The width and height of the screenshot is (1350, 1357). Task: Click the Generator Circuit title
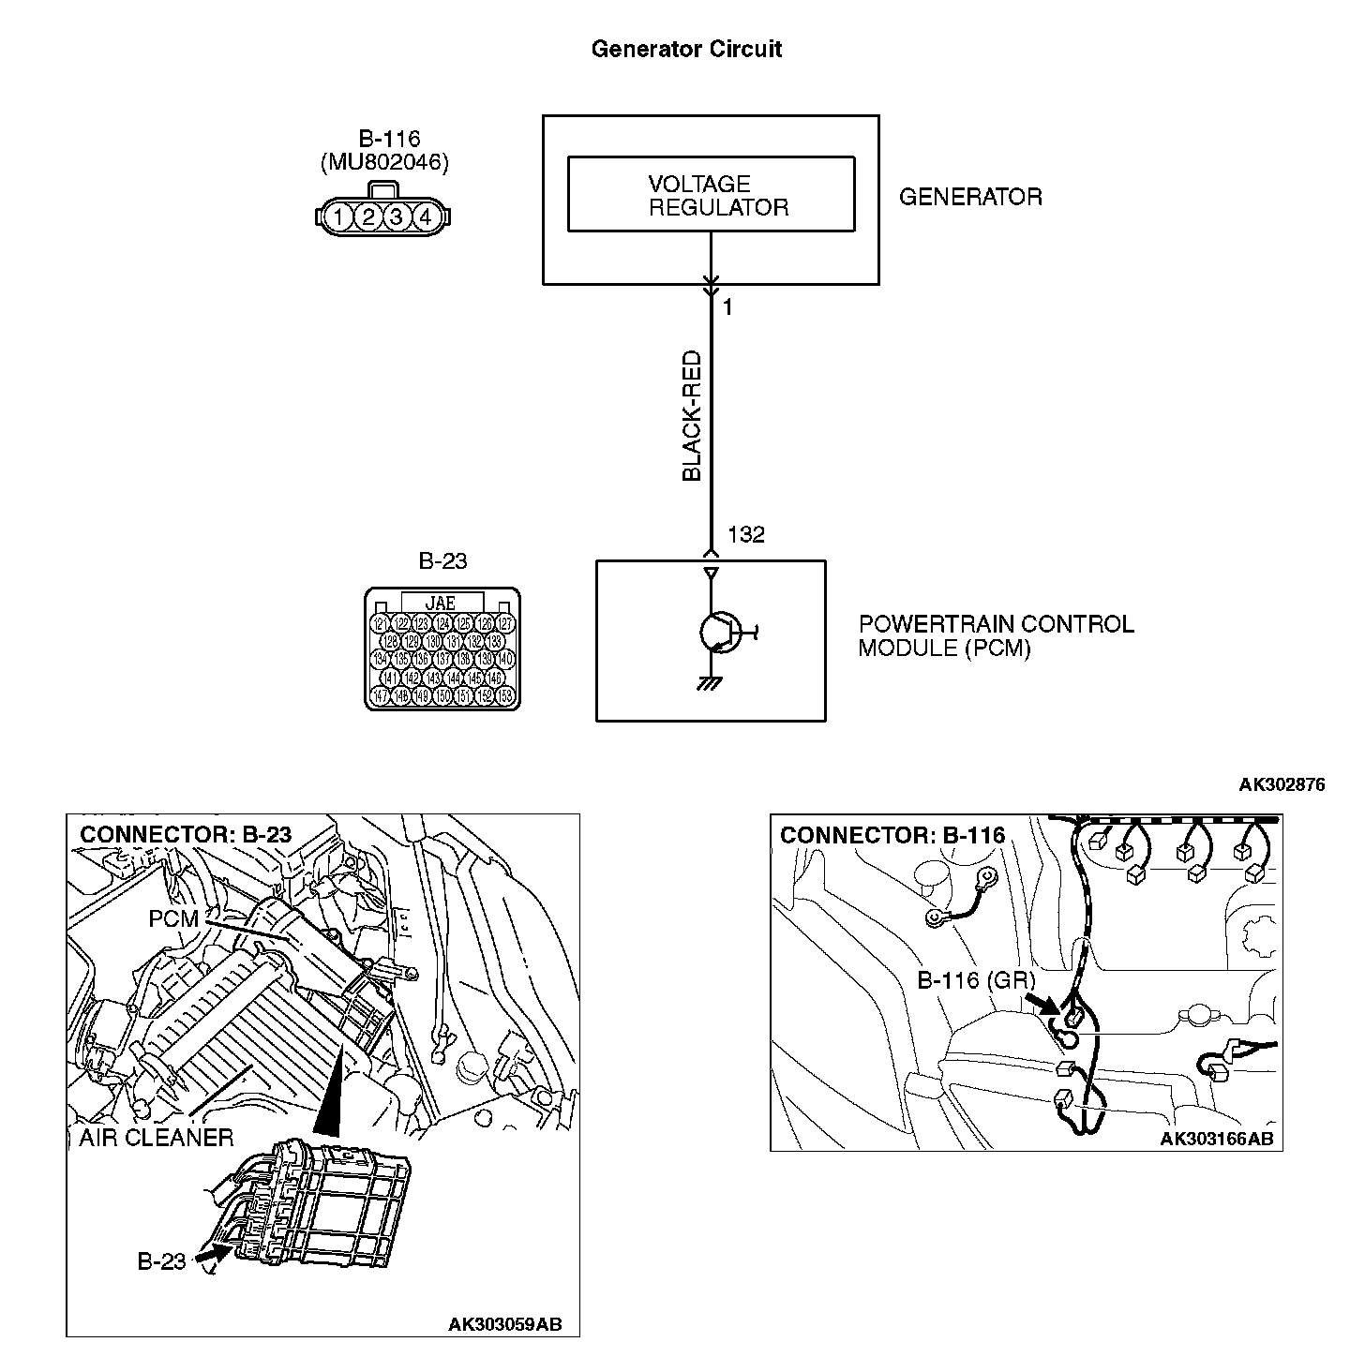click(686, 49)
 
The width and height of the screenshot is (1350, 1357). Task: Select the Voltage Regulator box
click(711, 194)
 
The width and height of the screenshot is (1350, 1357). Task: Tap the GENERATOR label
click(970, 197)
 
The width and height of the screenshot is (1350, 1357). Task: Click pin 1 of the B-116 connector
click(340, 217)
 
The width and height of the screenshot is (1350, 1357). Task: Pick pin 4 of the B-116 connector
click(425, 217)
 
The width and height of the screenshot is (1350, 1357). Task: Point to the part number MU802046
click(384, 162)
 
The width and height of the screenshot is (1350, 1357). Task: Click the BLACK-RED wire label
click(692, 416)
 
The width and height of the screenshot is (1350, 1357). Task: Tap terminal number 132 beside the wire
click(746, 534)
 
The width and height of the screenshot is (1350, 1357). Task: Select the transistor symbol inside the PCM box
click(720, 633)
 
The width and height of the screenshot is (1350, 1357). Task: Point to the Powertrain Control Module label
click(996, 635)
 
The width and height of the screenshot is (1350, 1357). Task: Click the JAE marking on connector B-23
click(441, 603)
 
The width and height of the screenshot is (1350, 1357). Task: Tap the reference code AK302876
click(1282, 784)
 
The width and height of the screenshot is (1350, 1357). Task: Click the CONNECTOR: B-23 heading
click(186, 834)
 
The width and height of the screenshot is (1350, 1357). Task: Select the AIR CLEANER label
click(156, 1138)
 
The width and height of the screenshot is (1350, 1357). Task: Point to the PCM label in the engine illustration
click(173, 919)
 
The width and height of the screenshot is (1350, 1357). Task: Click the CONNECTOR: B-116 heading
click(892, 835)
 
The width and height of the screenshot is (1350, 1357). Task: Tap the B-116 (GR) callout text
click(975, 980)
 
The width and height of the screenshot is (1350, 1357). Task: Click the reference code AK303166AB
click(1217, 1139)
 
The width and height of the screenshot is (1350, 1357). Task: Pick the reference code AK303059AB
click(505, 1324)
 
